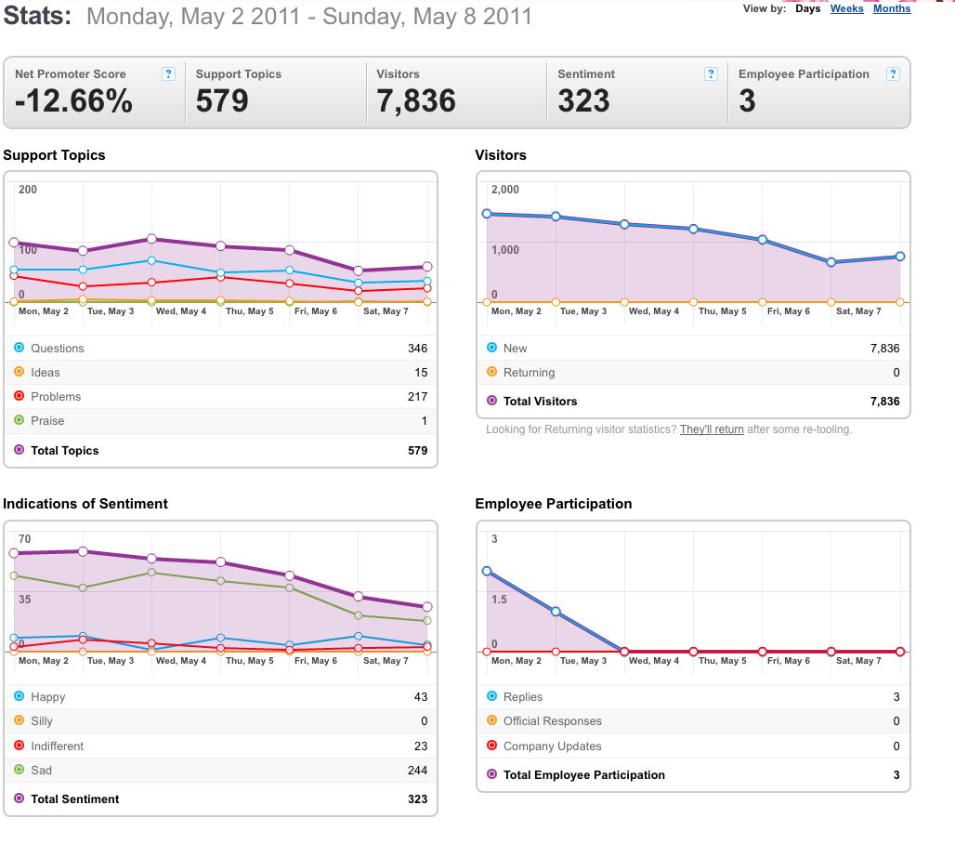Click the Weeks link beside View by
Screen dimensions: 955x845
(x=846, y=8)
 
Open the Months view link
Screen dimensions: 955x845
(x=892, y=8)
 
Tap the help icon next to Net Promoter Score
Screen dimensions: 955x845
(x=169, y=73)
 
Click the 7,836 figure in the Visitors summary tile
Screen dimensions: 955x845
(x=416, y=100)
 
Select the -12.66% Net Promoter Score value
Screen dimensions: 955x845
(x=73, y=100)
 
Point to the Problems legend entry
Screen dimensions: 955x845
(x=56, y=396)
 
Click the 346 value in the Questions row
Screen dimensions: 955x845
(x=418, y=348)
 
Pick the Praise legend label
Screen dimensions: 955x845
(x=47, y=421)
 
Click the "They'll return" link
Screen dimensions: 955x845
(x=712, y=429)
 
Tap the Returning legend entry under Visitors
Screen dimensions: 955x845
(x=529, y=373)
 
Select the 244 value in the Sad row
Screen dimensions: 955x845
(x=418, y=770)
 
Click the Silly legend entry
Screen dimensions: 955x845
(x=42, y=721)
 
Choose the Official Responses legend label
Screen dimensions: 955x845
(x=553, y=721)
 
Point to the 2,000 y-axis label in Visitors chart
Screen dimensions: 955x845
(x=505, y=190)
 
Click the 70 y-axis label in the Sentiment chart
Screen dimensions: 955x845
(x=24, y=539)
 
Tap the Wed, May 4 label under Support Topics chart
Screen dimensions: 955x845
(x=181, y=310)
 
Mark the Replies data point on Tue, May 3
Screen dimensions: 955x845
(x=556, y=612)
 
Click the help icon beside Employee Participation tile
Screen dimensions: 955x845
(x=893, y=73)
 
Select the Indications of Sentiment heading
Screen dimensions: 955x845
(x=85, y=504)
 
